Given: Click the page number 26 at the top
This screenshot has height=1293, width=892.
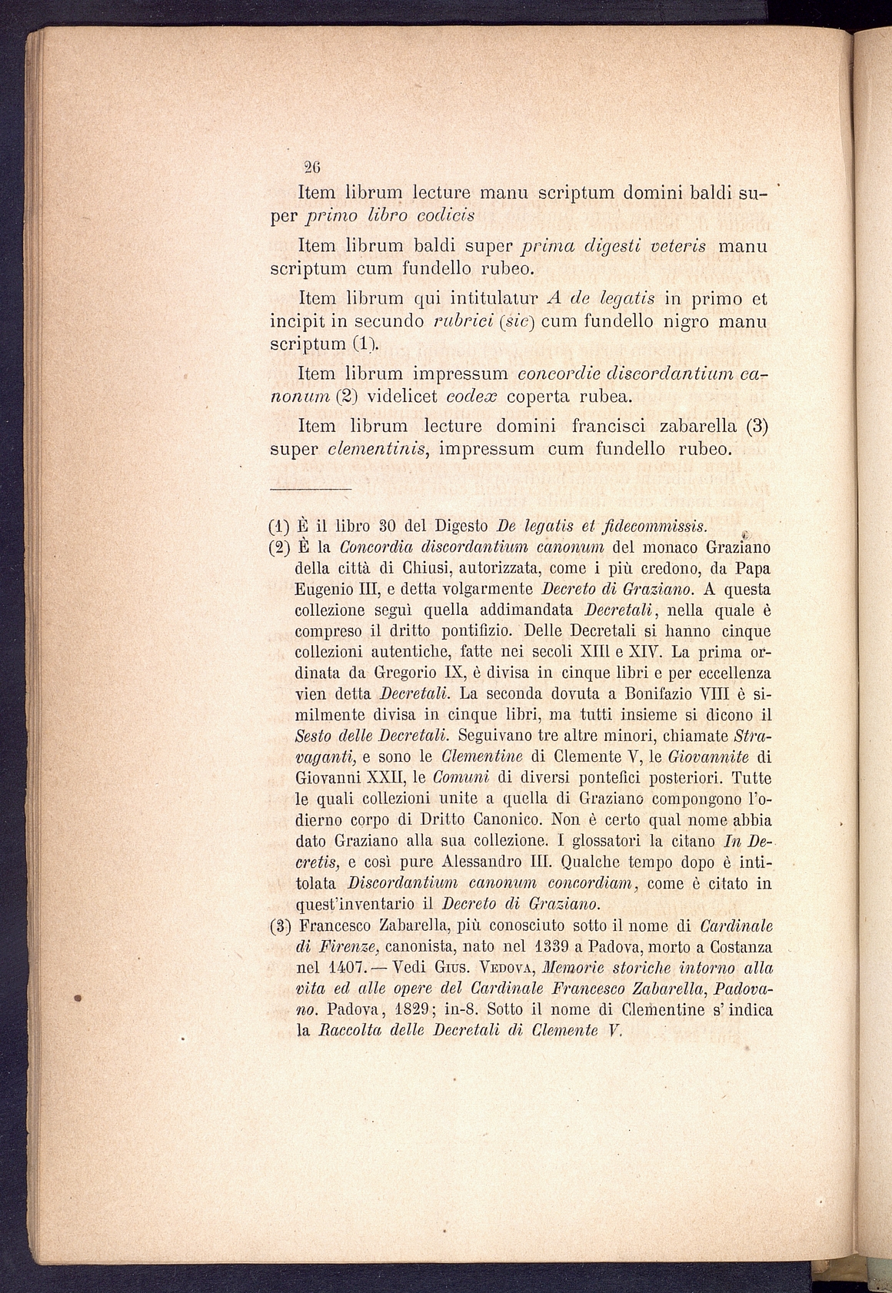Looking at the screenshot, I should point(312,165).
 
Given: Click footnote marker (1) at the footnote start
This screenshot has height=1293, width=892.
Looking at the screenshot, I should point(278,527).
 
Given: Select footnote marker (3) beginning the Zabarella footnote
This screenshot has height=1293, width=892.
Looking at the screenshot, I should point(278,926).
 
